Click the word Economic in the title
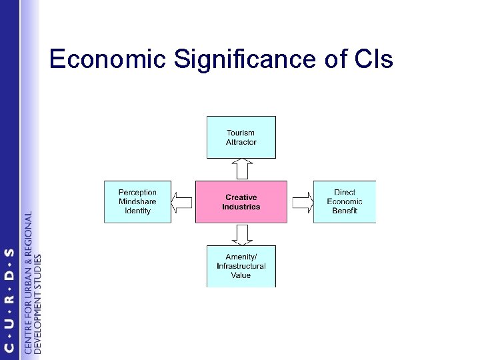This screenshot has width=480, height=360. click(x=106, y=61)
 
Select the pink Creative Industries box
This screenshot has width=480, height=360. click(x=241, y=201)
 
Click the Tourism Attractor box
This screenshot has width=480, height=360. click(x=241, y=137)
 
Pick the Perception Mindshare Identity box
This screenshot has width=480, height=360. click(x=137, y=201)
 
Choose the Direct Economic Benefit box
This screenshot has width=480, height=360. click(x=345, y=201)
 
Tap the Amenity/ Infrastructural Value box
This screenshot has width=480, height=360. click(x=241, y=266)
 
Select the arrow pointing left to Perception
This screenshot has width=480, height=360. click(x=183, y=201)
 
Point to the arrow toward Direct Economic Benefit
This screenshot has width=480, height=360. click(x=301, y=201)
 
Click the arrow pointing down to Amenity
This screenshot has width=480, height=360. click(x=241, y=234)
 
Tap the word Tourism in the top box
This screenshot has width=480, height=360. click(x=241, y=133)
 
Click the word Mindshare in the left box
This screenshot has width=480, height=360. click(x=137, y=201)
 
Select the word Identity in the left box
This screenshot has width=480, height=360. click(x=137, y=211)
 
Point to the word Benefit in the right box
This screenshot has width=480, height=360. click(x=345, y=211)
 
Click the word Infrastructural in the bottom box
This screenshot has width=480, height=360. click(x=241, y=266)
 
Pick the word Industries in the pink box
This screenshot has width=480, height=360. click(x=241, y=207)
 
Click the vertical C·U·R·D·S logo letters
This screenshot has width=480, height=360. click(x=9, y=300)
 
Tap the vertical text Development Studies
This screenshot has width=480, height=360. click(x=37, y=303)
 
